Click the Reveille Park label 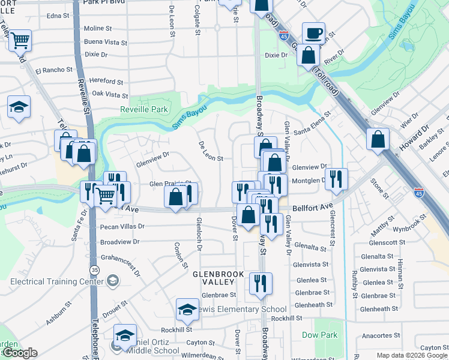(x=143, y=110)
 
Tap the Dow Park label (x=320, y=335)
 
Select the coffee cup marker (x=313, y=33)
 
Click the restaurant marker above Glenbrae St (x=260, y=283)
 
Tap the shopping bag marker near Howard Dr (x=378, y=139)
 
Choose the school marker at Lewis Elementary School (x=187, y=310)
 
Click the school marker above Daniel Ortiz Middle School (x=125, y=335)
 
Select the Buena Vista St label (x=106, y=43)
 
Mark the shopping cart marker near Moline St (x=20, y=41)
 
